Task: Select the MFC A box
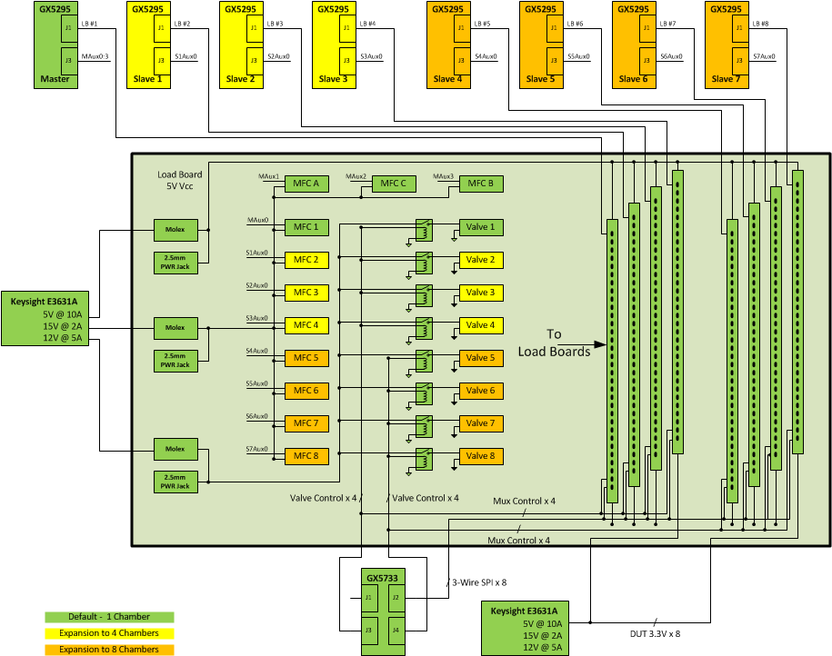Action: coord(305,184)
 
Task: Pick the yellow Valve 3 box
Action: coord(480,293)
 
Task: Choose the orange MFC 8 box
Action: coord(305,456)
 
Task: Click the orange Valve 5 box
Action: coord(480,358)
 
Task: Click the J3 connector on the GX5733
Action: coord(368,628)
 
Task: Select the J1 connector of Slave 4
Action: coord(462,29)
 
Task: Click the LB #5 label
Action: coord(481,24)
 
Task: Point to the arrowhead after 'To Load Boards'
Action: coord(600,344)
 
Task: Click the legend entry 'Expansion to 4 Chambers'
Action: coord(109,633)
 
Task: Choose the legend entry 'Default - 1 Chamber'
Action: coord(109,617)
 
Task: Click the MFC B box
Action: coord(480,184)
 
